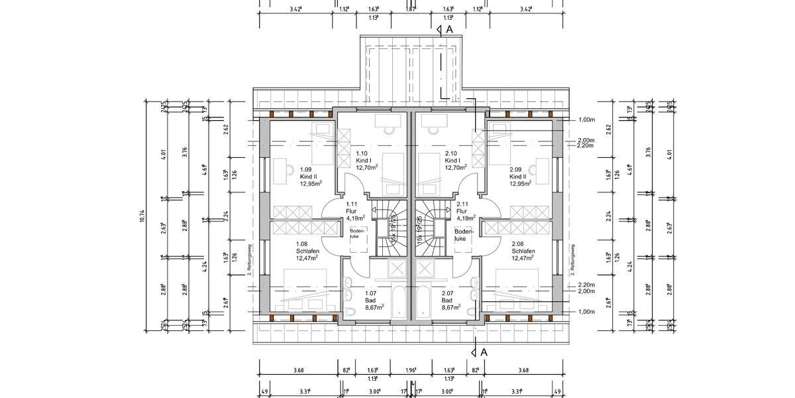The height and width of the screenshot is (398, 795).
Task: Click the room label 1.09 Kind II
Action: coord(310,176)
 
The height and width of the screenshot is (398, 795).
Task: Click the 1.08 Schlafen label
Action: coord(307,251)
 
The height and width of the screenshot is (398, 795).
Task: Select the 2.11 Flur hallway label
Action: coord(464,210)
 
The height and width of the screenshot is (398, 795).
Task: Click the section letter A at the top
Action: coord(449,30)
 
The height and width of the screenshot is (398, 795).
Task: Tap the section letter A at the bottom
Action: coord(484,352)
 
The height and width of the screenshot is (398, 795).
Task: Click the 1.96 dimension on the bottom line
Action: coord(411,370)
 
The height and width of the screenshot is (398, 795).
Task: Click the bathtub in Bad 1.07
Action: coord(399,302)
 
